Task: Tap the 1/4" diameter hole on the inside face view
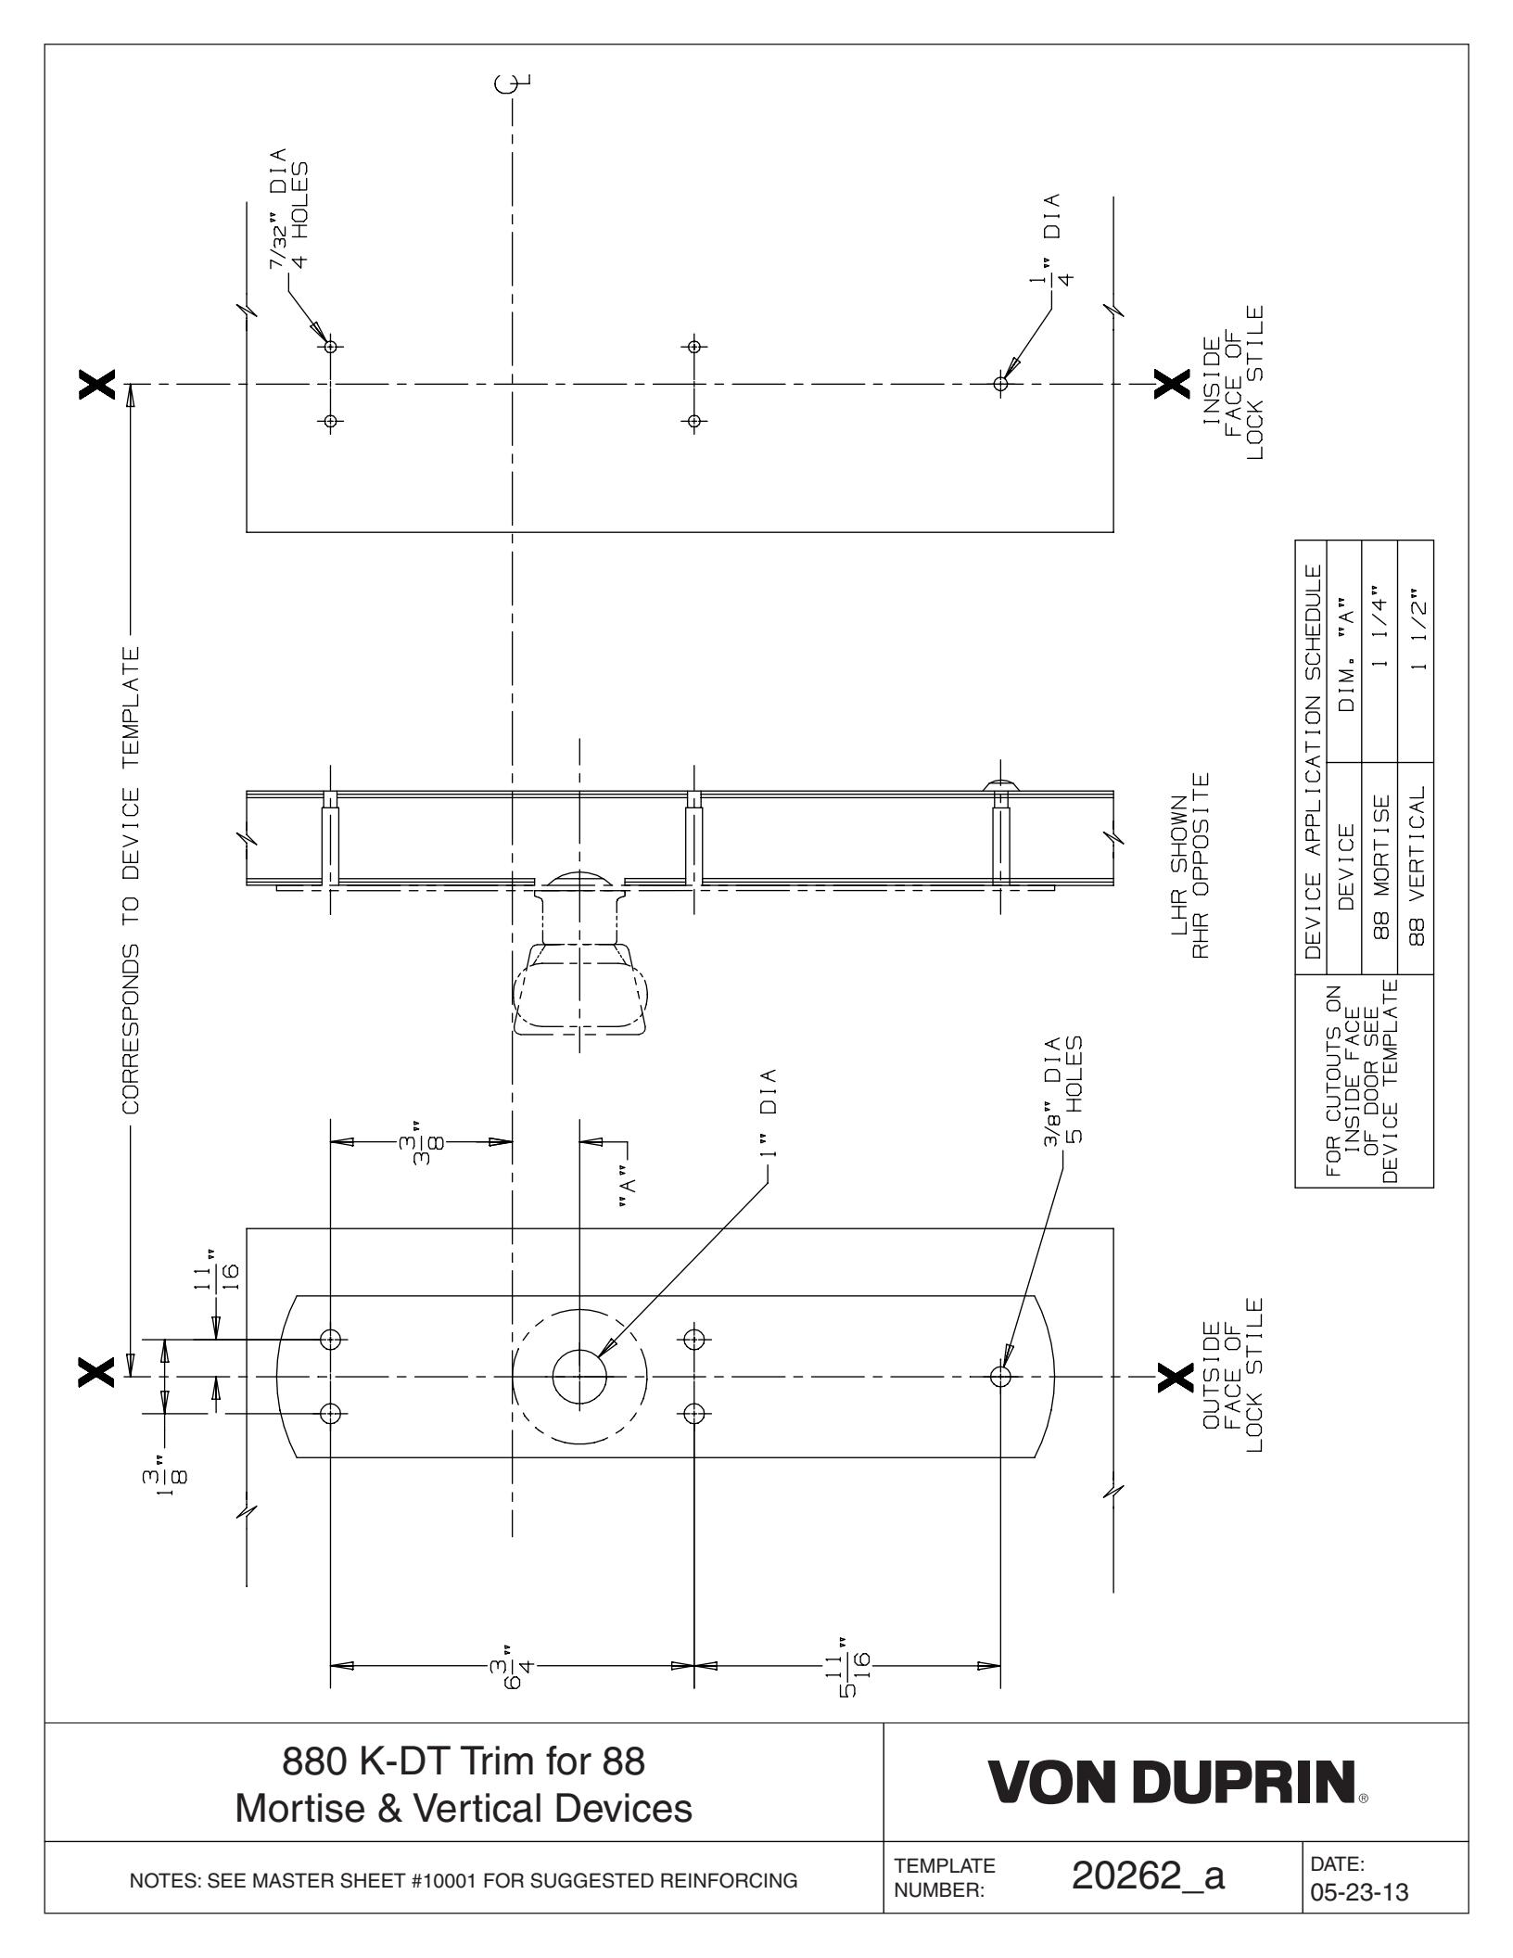click(x=999, y=383)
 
